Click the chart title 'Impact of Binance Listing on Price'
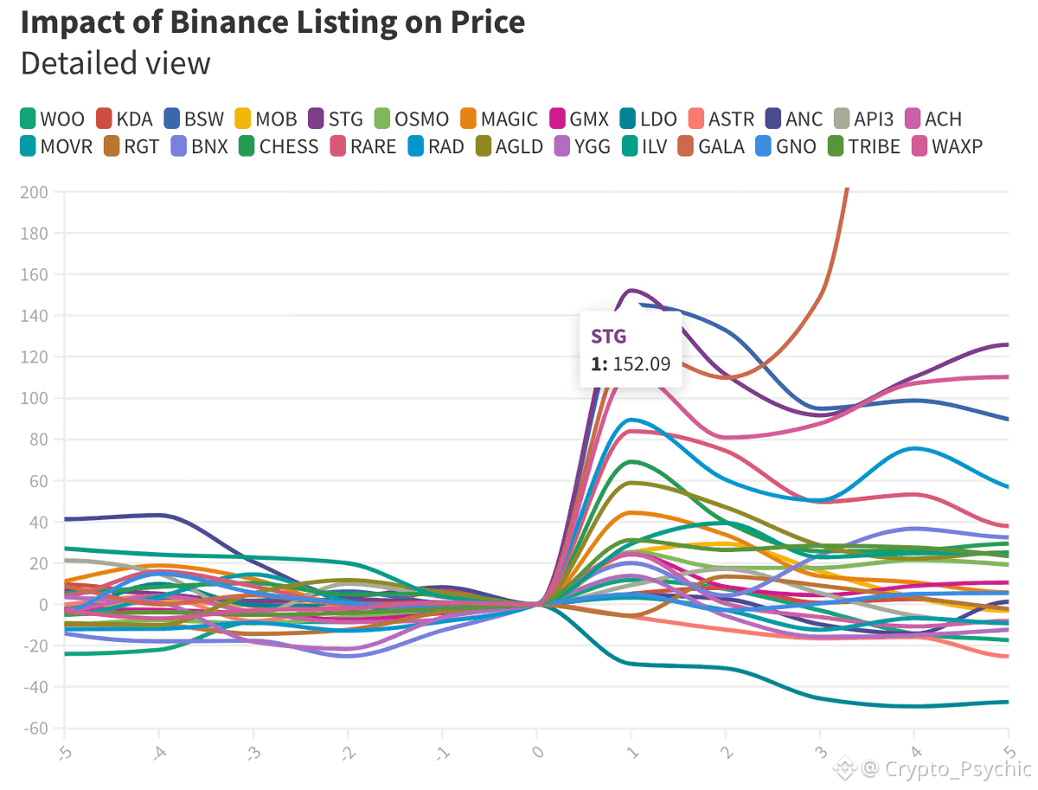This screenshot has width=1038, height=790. coord(272,22)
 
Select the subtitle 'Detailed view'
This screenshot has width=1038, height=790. coord(115,63)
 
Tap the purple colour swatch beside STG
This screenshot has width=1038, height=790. coord(315,119)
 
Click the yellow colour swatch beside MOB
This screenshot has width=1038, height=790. coord(244,119)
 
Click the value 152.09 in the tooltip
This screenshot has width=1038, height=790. coord(641,364)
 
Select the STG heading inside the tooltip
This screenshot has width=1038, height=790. coord(609,336)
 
